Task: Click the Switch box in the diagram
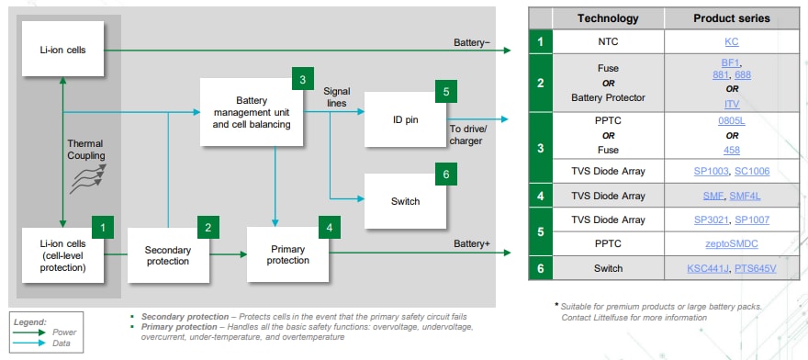click(405, 201)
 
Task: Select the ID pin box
click(405, 119)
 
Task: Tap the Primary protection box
click(287, 254)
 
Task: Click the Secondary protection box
click(168, 255)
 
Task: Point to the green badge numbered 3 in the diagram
click(302, 79)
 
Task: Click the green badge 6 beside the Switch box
click(445, 174)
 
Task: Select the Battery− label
click(472, 42)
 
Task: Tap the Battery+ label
click(472, 243)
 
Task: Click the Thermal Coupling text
click(85, 149)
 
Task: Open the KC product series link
click(731, 41)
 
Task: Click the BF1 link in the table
click(731, 63)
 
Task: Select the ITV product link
click(731, 104)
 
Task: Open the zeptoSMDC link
click(731, 244)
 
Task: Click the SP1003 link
click(711, 171)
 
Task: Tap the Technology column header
click(608, 18)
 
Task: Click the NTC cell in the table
click(608, 41)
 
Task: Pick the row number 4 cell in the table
click(540, 196)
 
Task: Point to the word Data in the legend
click(62, 343)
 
